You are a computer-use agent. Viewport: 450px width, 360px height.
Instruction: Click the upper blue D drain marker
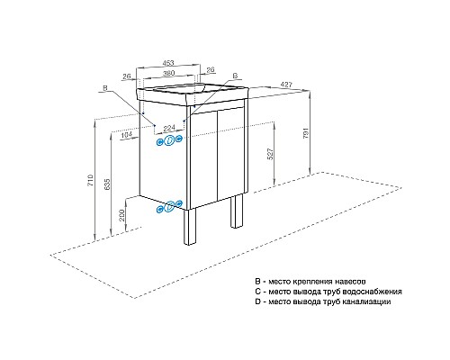coord(169,139)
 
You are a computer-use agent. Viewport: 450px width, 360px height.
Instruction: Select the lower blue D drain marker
coord(169,207)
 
